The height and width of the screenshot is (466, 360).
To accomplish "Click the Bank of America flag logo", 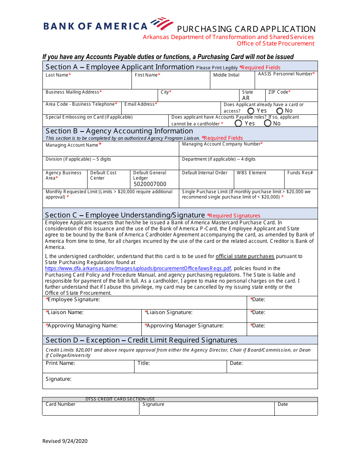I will click(x=162, y=23).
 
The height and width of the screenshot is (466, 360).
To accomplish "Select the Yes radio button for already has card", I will click(x=251, y=111).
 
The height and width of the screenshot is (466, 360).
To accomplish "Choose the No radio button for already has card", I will click(x=280, y=111).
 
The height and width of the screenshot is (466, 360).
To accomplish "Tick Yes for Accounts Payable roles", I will click(x=238, y=123).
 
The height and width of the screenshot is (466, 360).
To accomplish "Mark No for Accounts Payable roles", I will click(x=268, y=123).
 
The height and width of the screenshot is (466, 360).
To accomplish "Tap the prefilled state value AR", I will click(x=246, y=98).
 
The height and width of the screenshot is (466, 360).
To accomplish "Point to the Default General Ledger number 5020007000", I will click(x=150, y=184).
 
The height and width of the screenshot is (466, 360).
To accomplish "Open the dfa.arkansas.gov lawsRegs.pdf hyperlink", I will click(x=138, y=268).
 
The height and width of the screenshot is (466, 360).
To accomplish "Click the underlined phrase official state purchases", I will click(x=245, y=256).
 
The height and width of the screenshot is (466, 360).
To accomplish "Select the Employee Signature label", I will click(x=73, y=300).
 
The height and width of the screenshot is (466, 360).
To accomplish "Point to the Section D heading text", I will click(x=141, y=340).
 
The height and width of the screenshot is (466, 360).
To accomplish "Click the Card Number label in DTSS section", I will click(x=61, y=404).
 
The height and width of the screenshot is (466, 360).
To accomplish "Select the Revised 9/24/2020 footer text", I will click(x=65, y=441).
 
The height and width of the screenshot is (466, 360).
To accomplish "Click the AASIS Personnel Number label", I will click(x=286, y=74).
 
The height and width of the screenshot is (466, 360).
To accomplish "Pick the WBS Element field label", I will click(x=252, y=173).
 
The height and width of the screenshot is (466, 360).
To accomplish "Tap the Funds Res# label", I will click(x=300, y=173).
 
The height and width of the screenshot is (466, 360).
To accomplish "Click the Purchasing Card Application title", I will click(x=246, y=29).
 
